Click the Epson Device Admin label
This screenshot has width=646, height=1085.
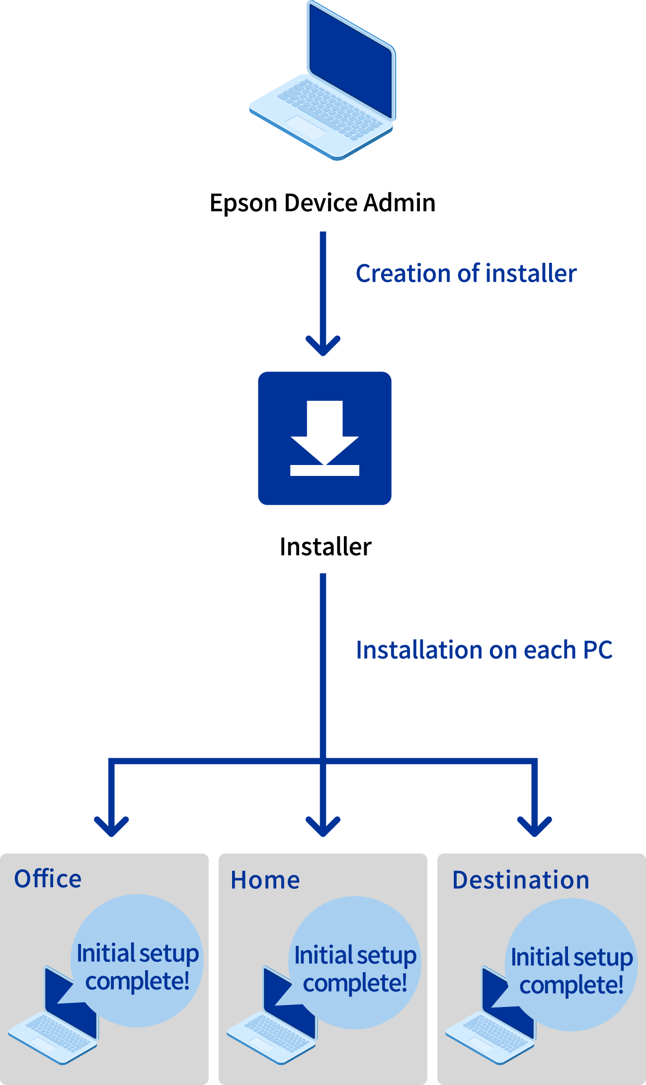coord(323,203)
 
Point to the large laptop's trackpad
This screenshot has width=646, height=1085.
coord(306,127)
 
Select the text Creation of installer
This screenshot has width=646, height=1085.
coord(466,273)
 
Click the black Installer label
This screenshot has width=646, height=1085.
coord(325,547)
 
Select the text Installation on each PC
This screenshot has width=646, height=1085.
coord(484,650)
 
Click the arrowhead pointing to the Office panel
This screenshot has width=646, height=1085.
coord(111,826)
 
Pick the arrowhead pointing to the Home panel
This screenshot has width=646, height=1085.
coord(323,826)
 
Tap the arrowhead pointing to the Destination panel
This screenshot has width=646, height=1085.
coord(535,826)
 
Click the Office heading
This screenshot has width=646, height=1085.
coord(48,879)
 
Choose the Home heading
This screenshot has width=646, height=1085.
coord(265,880)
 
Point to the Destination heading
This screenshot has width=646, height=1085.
coord(521,880)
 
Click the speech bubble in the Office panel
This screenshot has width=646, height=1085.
coord(137,966)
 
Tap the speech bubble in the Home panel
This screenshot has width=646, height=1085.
coord(355,968)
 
